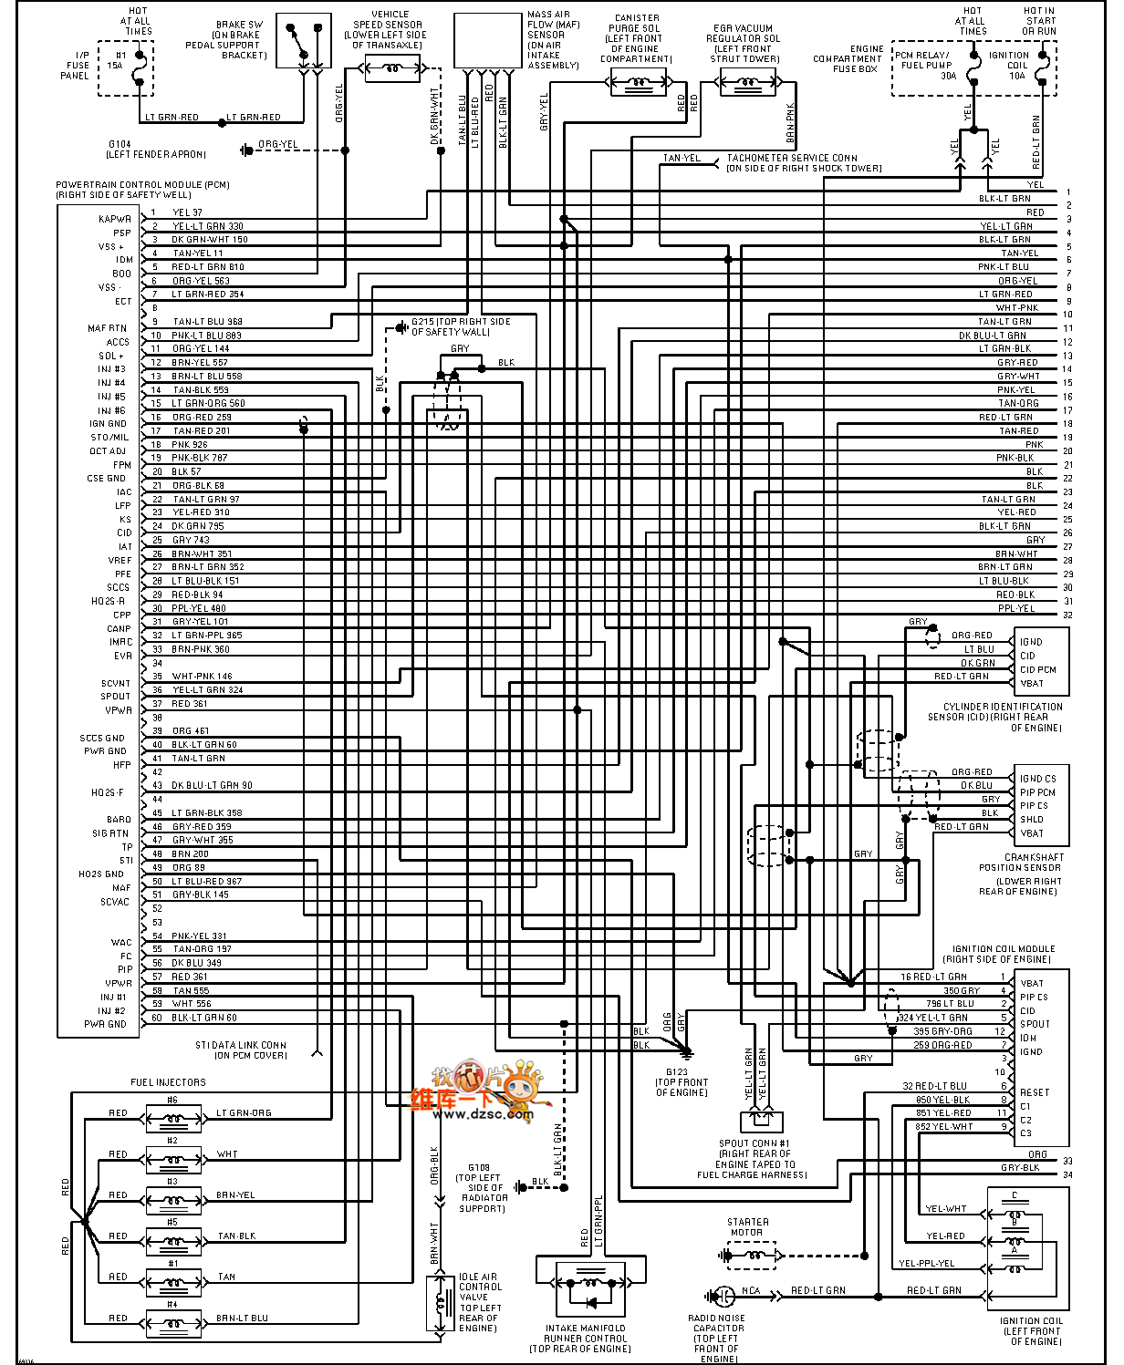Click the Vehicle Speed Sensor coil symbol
(393, 68)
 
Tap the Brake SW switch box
(304, 41)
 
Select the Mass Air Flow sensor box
(487, 41)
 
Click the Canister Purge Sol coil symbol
(638, 84)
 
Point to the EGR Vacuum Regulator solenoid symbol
(747, 84)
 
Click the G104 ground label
(120, 145)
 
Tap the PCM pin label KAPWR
(115, 219)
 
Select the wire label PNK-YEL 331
(199, 936)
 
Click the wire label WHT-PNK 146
(202, 677)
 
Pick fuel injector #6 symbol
(172, 1114)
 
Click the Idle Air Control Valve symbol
(442, 1302)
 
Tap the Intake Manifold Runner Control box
(590, 1287)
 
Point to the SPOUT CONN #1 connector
(760, 1121)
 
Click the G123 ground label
(676, 1072)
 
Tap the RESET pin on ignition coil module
(1035, 1092)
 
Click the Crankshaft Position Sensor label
(1021, 863)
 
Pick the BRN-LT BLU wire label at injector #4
(242, 1318)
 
